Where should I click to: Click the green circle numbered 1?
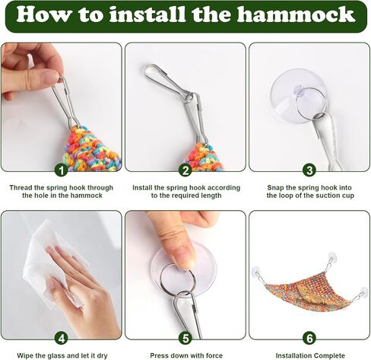62,170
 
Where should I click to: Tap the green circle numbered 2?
185,170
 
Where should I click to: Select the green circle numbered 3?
309,170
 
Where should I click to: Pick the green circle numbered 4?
62,338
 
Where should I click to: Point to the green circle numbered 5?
185,338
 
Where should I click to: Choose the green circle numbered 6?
309,338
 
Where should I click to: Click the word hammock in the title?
296,14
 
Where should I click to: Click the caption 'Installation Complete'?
310,355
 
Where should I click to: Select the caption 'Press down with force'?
186,355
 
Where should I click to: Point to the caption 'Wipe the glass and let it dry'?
62,355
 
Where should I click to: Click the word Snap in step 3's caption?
275,188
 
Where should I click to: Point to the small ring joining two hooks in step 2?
189,97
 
